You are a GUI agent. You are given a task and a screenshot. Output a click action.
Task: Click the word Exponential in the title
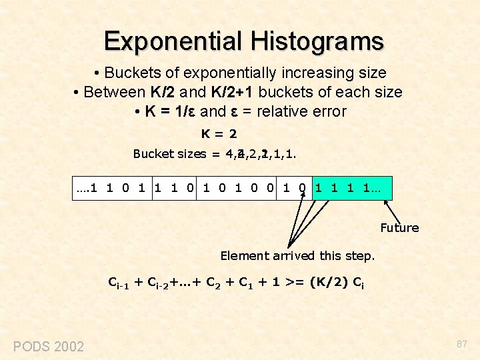(174, 41)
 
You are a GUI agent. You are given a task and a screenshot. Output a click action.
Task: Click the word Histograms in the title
(317, 41)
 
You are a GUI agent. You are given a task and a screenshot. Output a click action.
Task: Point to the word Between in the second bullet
(113, 92)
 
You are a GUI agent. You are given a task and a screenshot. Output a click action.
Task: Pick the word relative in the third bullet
(284, 111)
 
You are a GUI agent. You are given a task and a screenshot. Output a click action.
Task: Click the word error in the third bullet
(329, 111)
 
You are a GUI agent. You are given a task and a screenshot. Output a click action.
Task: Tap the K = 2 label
(219, 133)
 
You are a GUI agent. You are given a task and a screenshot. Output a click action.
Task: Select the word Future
(399, 228)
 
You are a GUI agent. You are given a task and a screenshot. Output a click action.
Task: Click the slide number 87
(461, 344)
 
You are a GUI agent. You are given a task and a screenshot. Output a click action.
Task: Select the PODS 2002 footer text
(49, 346)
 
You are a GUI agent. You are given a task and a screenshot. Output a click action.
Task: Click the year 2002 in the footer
(69, 346)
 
